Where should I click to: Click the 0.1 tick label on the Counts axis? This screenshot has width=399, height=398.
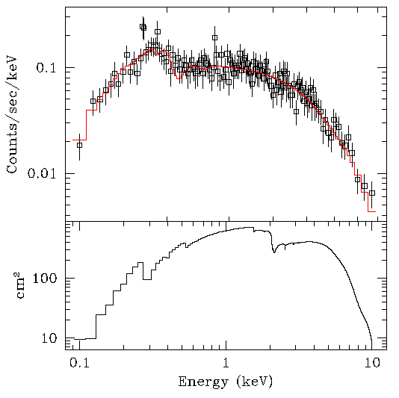pos(47,68)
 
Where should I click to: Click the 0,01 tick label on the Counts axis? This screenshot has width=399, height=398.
pos(43,174)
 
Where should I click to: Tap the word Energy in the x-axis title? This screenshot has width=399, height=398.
pos(202,382)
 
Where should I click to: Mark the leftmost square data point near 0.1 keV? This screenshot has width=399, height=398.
pos(79,145)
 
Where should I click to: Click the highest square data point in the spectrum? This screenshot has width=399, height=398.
pos(143,27)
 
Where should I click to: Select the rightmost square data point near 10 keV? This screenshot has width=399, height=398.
pos(371,193)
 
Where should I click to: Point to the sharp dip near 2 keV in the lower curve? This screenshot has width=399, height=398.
pos(274,252)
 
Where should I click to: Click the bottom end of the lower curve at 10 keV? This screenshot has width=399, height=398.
pos(371,338)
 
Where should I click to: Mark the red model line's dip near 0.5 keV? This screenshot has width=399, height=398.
pos(179,77)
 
